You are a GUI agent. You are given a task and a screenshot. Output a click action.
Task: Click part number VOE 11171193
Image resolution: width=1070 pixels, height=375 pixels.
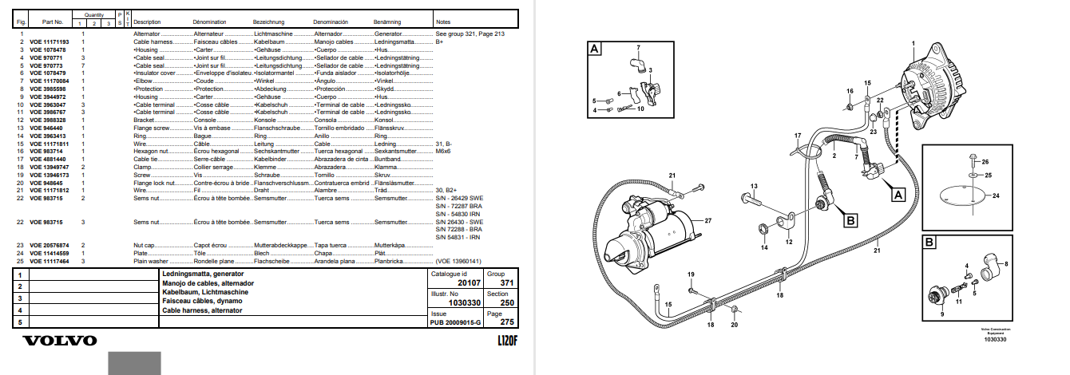[49, 41]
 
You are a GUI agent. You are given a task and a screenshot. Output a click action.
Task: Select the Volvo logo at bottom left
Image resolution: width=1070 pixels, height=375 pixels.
[60, 341]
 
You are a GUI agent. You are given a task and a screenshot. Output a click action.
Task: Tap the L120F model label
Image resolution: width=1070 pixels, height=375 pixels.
[503, 341]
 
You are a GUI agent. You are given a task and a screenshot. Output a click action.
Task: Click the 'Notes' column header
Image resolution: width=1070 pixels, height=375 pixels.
[444, 22]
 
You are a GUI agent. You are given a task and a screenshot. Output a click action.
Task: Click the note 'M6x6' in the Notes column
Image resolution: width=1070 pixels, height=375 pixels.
[443, 150]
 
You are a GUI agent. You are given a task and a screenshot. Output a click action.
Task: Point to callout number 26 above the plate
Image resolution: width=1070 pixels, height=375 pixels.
[984, 162]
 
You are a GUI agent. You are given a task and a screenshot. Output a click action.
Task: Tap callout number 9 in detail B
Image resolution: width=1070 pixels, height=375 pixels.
[941, 314]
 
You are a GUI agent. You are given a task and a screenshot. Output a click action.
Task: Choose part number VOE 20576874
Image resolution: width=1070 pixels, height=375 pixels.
[49, 245]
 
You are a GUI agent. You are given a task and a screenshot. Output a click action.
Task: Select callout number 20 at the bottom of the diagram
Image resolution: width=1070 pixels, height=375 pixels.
[735, 326]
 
